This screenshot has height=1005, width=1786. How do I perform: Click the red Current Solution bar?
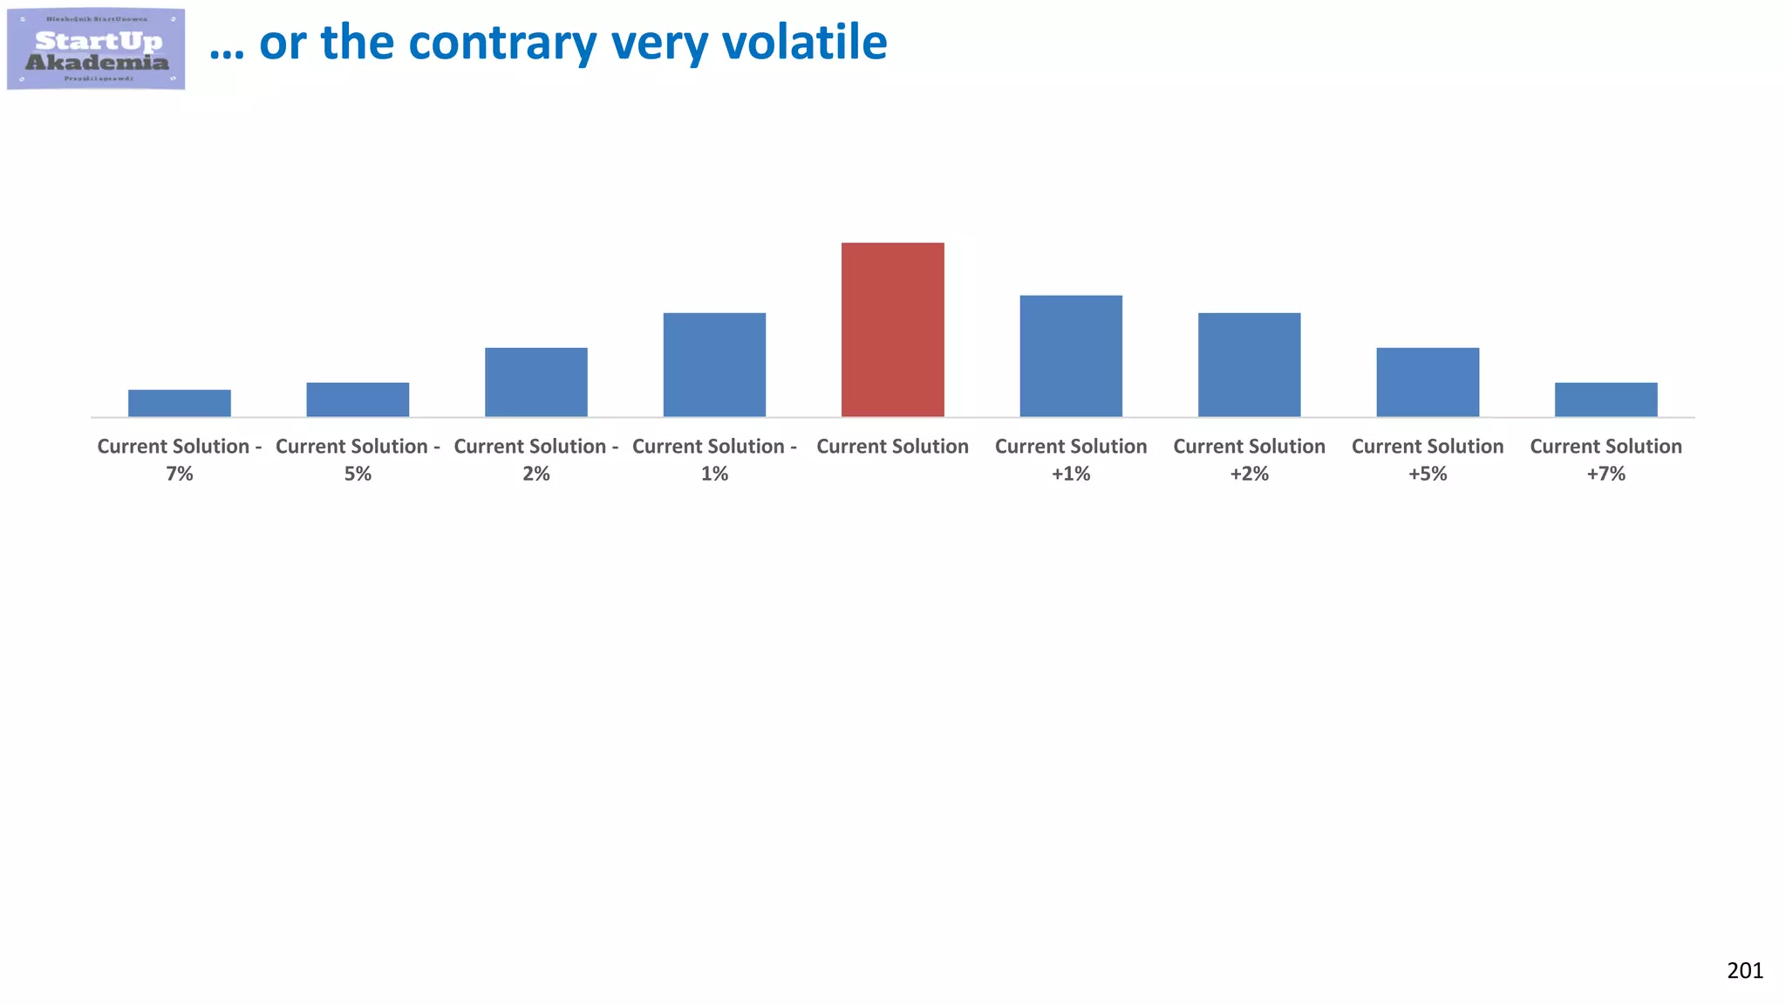click(892, 330)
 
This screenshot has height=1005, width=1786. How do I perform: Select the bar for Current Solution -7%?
click(179, 403)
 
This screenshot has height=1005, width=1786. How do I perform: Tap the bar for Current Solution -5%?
click(358, 400)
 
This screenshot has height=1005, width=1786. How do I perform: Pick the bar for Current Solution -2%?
click(535, 382)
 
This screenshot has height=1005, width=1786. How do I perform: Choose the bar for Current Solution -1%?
click(714, 365)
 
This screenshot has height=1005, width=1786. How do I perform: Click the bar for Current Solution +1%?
click(1071, 356)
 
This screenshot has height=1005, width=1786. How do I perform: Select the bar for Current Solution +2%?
click(1249, 365)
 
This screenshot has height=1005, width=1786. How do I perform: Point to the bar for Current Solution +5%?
click(1428, 382)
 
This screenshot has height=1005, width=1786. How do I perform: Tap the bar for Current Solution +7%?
click(1605, 400)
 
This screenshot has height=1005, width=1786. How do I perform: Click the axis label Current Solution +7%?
click(1605, 460)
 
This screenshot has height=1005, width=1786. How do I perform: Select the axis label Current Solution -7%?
click(179, 460)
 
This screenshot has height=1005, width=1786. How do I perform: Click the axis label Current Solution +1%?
click(1071, 460)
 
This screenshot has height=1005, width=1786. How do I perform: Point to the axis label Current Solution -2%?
click(535, 460)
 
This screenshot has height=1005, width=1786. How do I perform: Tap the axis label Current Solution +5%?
click(1428, 460)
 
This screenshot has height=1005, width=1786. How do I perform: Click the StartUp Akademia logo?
click(96, 49)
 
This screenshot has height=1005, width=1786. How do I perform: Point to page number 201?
click(1744, 971)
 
